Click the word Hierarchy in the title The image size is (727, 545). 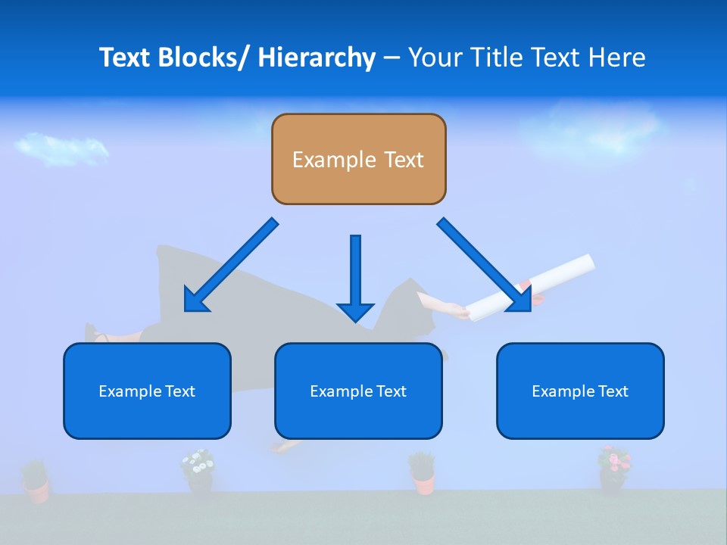pos(317,58)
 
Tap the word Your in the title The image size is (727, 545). pos(435,58)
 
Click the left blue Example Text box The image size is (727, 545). pos(147,391)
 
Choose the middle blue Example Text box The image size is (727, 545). pos(358,391)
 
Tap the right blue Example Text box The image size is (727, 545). pos(580,391)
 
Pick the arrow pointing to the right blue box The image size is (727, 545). pos(485,266)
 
